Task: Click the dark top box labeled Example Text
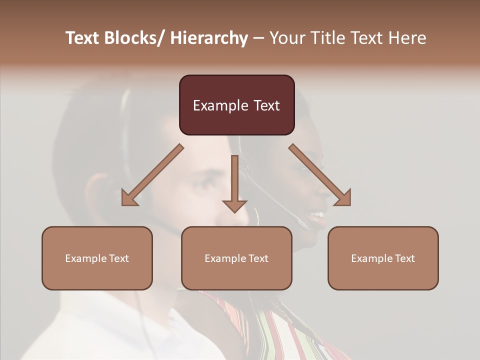pyautogui.click(x=236, y=105)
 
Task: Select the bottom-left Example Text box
pyautogui.click(x=97, y=258)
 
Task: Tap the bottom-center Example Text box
pyautogui.click(x=236, y=258)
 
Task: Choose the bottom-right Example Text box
pyautogui.click(x=383, y=258)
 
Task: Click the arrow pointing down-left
pyautogui.click(x=152, y=175)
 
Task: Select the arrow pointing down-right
pyautogui.click(x=320, y=175)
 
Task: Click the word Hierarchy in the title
pyautogui.click(x=209, y=38)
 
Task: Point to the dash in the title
pyautogui.click(x=258, y=38)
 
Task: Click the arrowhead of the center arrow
pyautogui.click(x=234, y=205)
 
